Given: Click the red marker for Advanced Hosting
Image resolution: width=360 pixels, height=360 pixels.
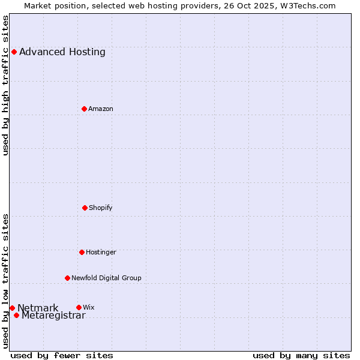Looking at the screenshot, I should (x=14, y=52).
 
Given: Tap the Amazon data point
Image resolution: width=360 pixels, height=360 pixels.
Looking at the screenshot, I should (x=84, y=109).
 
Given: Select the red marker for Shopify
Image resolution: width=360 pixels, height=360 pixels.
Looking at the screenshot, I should (x=85, y=208).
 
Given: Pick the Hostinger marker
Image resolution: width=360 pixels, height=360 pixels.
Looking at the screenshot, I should (x=82, y=252).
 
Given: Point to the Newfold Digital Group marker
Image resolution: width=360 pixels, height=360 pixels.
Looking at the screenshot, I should (x=67, y=278).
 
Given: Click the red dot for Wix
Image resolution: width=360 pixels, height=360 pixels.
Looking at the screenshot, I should (x=79, y=307).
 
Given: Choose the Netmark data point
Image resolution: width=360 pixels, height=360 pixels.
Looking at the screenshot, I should (x=12, y=308).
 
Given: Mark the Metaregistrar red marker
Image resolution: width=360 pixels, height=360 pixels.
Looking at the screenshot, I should (x=16, y=315).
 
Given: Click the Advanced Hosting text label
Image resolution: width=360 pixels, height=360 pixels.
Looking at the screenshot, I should (x=62, y=52).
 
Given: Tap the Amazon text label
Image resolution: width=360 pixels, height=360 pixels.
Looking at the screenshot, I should (x=101, y=109).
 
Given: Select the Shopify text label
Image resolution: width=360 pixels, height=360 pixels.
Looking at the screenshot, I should (x=101, y=208).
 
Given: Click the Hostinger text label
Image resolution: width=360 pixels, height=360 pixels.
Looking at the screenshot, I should (x=101, y=252).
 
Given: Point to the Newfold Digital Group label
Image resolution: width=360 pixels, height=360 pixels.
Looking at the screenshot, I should (x=106, y=278).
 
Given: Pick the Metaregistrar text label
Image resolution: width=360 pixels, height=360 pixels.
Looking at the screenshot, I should (x=53, y=316).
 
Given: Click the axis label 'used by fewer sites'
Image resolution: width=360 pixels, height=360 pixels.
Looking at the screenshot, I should (x=62, y=355).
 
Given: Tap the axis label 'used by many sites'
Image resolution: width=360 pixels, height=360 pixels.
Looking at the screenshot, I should (x=301, y=355).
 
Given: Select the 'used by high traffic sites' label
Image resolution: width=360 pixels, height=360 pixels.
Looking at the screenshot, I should (x=6, y=86).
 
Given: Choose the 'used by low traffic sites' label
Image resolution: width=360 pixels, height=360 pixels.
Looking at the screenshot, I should (x=6, y=280).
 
